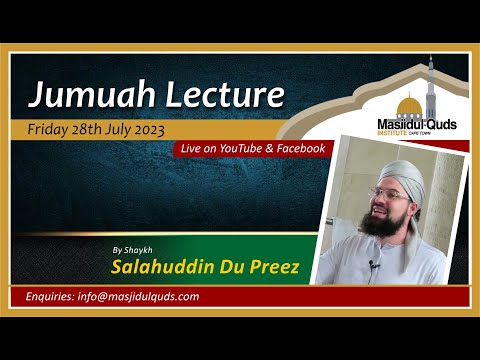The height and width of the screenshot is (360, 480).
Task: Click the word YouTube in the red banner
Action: pyautogui.click(x=238, y=148)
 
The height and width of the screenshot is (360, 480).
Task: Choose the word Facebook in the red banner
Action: pyautogui.click(x=297, y=148)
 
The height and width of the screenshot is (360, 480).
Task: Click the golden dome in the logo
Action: pyautogui.click(x=409, y=106)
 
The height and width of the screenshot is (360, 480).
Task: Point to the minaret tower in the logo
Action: pyautogui.click(x=430, y=90)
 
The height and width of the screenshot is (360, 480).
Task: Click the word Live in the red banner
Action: pyautogui.click(x=190, y=148)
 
